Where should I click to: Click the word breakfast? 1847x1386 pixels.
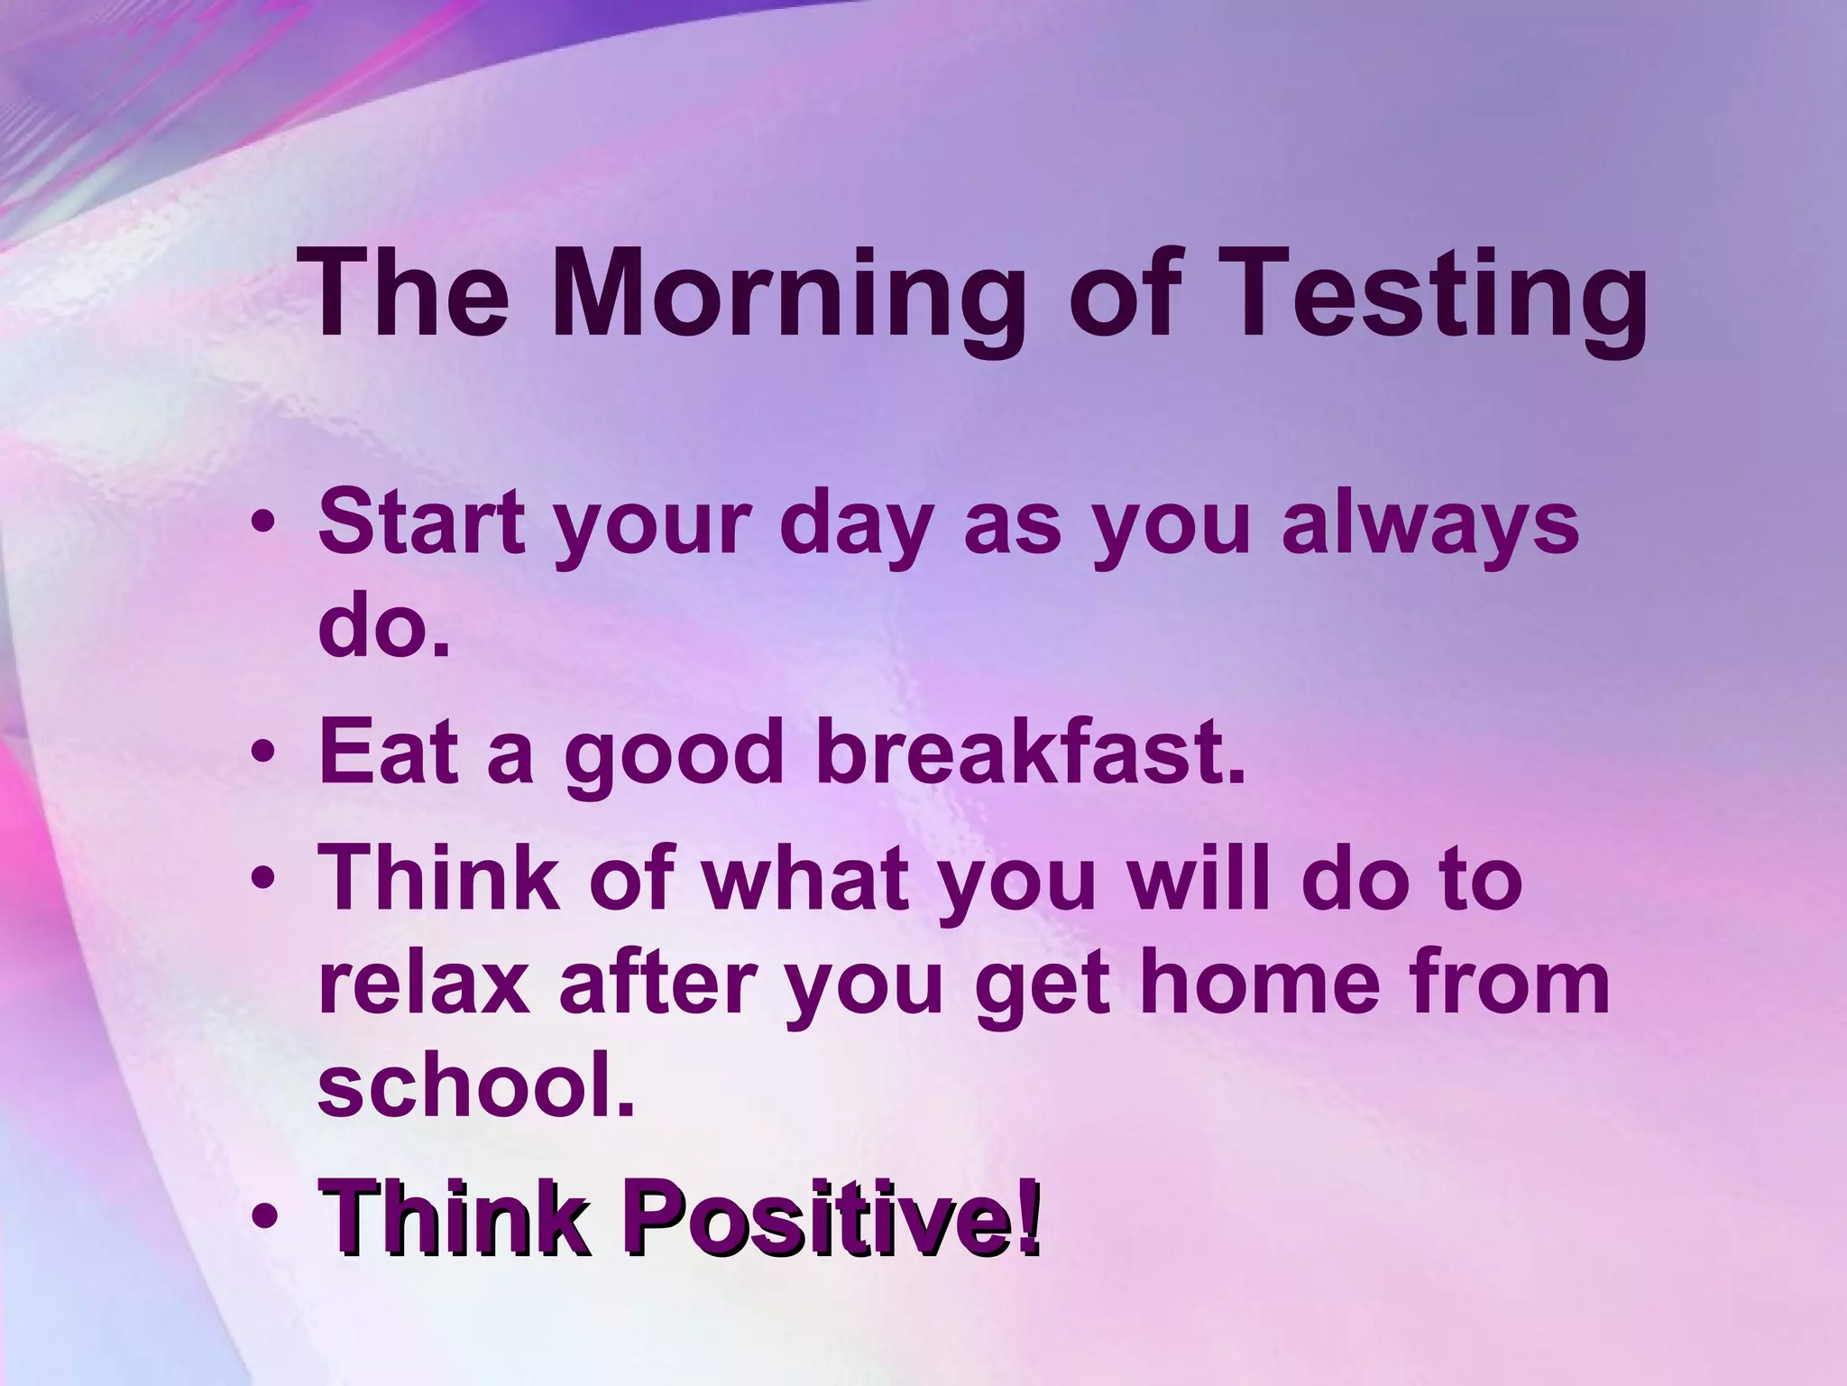pos(1030,753)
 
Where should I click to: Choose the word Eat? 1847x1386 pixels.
pos(389,753)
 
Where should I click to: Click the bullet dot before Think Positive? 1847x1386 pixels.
pos(263,1220)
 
